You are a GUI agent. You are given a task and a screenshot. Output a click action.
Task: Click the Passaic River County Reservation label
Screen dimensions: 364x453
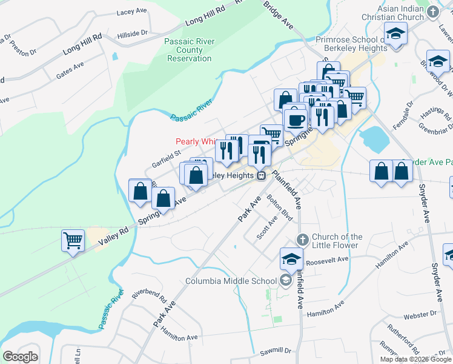[188, 50]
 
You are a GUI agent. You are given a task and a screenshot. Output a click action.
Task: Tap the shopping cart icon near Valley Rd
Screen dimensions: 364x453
[73, 240]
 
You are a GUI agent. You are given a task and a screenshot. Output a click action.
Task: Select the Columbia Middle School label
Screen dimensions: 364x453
[231, 281]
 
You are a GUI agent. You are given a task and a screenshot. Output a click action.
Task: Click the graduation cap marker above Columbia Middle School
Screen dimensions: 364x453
[291, 258]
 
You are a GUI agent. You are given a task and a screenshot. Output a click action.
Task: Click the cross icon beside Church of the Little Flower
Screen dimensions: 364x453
[303, 237]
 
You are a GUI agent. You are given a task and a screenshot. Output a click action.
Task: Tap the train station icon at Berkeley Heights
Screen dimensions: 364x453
[261, 176]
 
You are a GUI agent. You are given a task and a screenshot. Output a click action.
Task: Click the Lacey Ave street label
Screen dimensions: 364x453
[133, 12]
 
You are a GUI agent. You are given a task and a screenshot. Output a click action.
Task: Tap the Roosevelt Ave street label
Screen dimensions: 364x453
[327, 259]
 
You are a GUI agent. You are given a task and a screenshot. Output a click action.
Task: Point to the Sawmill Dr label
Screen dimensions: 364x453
[276, 351]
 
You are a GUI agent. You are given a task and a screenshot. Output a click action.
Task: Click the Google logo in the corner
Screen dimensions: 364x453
[20, 357]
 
